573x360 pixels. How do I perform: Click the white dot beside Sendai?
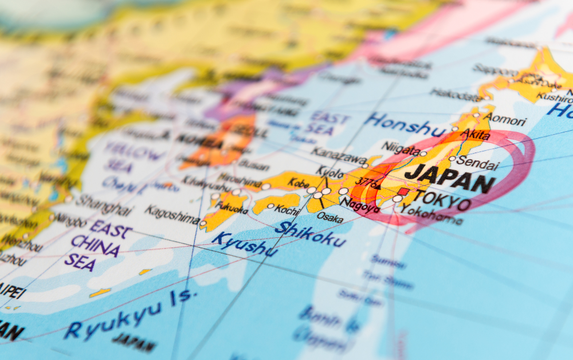click(x=452, y=159)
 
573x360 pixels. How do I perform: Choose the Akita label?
click(x=475, y=135)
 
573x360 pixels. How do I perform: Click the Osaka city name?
click(x=330, y=217)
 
